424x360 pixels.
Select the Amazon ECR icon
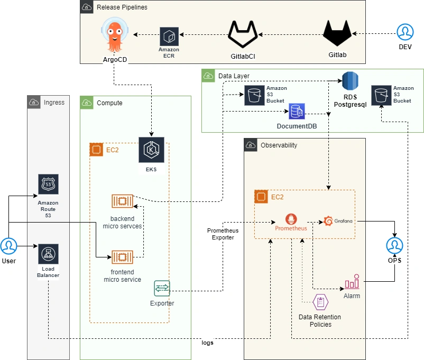[x=169, y=35]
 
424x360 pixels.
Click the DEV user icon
[x=405, y=33]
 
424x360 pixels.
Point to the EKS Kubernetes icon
[x=151, y=150]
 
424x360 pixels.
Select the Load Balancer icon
[x=48, y=254]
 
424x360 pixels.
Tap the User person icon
[x=8, y=246]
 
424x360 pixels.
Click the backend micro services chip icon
[x=122, y=201]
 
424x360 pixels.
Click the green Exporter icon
[x=162, y=289]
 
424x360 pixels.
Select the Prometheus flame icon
[x=291, y=219]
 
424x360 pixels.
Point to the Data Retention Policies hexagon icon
[x=320, y=302]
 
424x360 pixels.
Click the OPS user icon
[x=394, y=246]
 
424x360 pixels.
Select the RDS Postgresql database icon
[x=351, y=81]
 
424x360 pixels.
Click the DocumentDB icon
[x=297, y=112]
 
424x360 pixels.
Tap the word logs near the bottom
[x=208, y=343]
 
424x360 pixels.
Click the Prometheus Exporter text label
[x=222, y=234]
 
